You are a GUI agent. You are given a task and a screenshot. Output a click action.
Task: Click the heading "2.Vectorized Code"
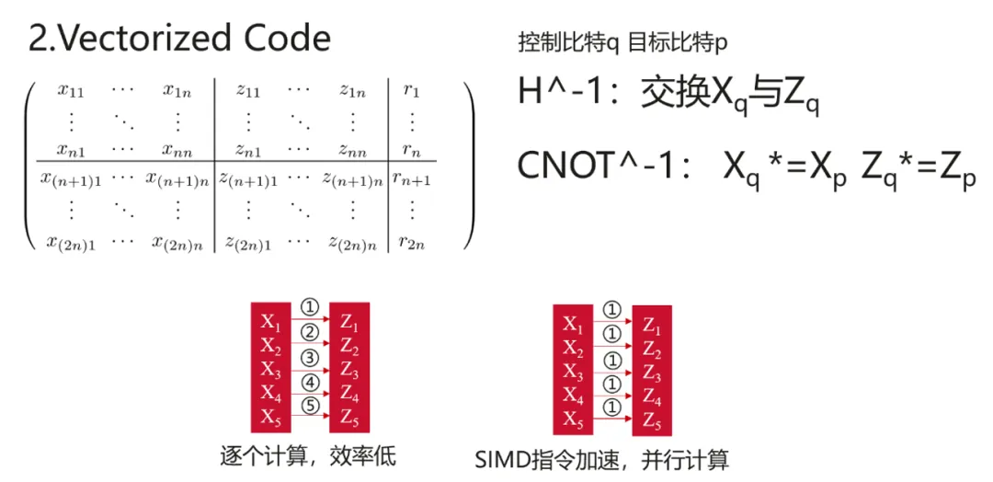[x=179, y=39]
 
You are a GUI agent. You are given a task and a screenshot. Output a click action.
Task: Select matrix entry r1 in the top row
[x=411, y=91]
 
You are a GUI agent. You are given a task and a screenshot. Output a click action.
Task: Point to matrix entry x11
[x=72, y=90]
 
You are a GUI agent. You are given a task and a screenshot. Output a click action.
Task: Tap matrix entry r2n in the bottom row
[x=412, y=244]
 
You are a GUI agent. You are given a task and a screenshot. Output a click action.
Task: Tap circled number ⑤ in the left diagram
[x=309, y=406]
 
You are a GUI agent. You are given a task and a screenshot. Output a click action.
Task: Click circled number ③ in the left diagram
[x=309, y=356]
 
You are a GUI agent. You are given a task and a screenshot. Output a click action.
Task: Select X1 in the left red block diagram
[x=270, y=322]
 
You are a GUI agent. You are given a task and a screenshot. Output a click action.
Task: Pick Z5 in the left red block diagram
[x=349, y=419]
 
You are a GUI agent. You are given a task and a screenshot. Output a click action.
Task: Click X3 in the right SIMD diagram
[x=573, y=373]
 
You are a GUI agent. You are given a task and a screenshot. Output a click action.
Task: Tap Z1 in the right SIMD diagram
[x=651, y=326]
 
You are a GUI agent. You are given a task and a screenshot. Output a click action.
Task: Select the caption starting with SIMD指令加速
[x=602, y=459]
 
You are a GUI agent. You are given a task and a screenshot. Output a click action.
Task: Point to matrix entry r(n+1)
[x=411, y=179]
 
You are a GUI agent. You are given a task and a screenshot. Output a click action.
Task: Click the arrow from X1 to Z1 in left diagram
[x=309, y=321]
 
